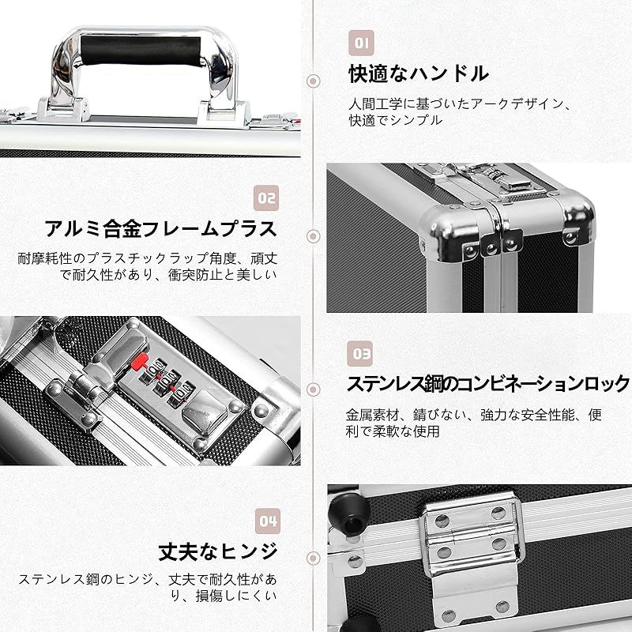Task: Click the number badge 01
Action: coord(360,42)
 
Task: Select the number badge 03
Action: coord(360,352)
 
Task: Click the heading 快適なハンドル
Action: coord(419,75)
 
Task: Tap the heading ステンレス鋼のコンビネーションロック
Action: coord(488,385)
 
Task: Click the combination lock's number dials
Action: coord(167,376)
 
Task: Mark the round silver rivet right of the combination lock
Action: coord(260,408)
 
